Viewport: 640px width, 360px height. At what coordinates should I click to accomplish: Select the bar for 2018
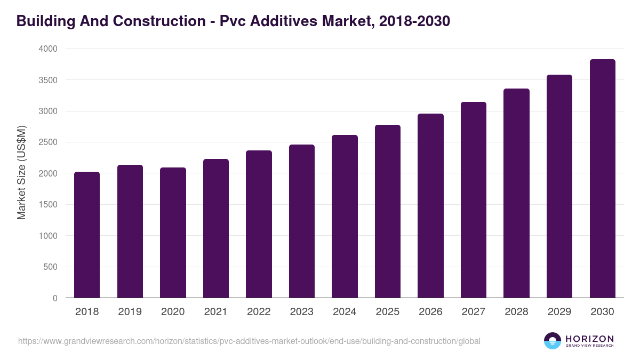pos(87,235)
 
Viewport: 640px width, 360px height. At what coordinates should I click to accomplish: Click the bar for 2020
pos(173,233)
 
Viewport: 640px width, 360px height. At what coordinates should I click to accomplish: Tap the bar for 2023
pos(302,221)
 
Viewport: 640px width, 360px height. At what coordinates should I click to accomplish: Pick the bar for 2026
pos(430,206)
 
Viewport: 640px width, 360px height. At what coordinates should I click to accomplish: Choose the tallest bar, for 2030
pos(602,179)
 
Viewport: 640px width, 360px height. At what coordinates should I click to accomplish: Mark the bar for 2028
pos(516,193)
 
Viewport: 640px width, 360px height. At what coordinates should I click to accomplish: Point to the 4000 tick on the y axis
pos(47,49)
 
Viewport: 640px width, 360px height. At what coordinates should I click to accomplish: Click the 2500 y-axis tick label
pos(47,142)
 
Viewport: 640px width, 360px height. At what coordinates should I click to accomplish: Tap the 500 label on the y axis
pos(51,267)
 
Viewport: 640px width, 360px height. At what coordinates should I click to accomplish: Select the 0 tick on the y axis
pos(55,298)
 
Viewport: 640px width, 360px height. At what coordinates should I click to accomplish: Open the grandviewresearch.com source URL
pos(249,341)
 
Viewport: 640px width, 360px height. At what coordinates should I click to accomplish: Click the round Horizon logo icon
pos(552,341)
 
